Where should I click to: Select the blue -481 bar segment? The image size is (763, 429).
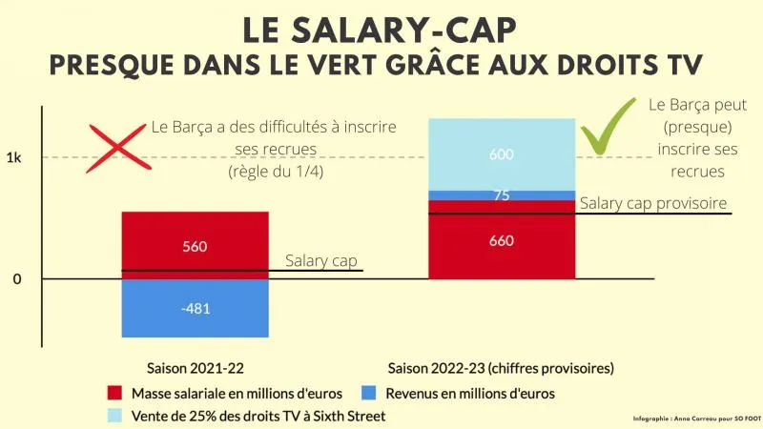pyautogui.click(x=196, y=308)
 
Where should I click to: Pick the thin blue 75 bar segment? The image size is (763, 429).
pyautogui.click(x=502, y=195)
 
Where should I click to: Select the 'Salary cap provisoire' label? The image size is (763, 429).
pyautogui.click(x=653, y=203)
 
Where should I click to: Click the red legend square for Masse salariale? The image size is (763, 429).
pyautogui.click(x=115, y=393)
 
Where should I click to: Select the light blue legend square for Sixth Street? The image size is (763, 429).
pyautogui.click(x=115, y=416)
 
